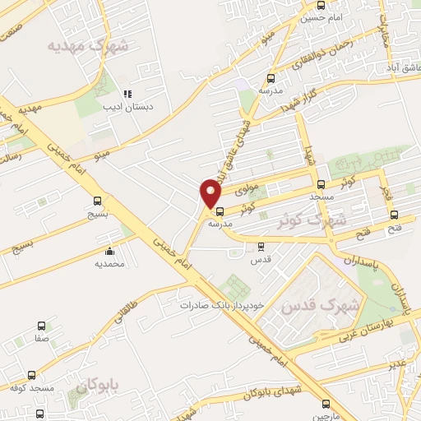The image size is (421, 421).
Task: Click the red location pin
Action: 211,192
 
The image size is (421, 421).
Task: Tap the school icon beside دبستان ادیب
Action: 127,94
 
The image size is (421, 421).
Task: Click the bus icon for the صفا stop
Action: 40,326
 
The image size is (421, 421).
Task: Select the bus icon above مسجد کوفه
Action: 31,374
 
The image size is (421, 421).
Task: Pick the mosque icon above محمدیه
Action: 109,252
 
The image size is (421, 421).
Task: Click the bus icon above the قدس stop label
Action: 261,246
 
